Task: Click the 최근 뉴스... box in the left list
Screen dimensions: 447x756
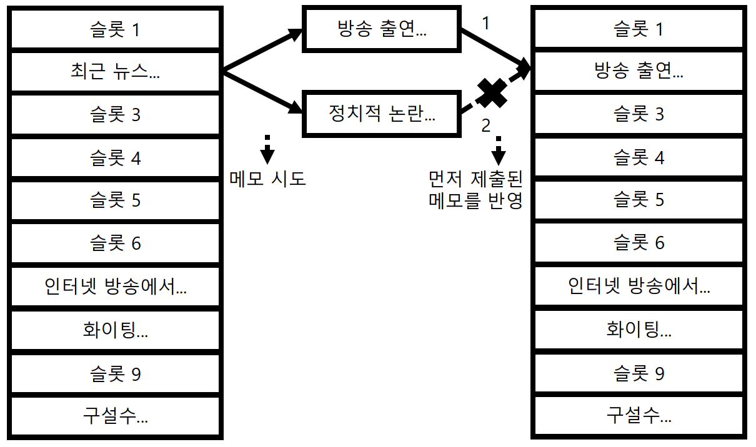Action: click(116, 72)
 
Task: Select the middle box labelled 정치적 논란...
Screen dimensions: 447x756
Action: click(382, 113)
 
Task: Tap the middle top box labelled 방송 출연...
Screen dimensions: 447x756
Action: click(382, 29)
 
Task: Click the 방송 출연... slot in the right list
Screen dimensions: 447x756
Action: click(639, 72)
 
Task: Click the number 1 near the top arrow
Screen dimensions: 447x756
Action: click(487, 23)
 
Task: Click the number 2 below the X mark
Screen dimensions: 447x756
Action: click(486, 125)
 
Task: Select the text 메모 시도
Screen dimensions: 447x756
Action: click(267, 179)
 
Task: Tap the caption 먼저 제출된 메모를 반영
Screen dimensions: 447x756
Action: click(475, 190)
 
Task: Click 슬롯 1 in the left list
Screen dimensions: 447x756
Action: click(116, 29)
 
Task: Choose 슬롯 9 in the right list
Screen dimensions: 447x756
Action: click(639, 374)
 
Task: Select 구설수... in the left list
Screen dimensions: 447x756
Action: click(116, 416)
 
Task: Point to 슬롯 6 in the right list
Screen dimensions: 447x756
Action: click(639, 243)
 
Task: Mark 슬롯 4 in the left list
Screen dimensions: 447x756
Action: click(116, 158)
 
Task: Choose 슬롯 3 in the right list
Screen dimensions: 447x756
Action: click(639, 114)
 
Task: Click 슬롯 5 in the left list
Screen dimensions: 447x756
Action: click(116, 200)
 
